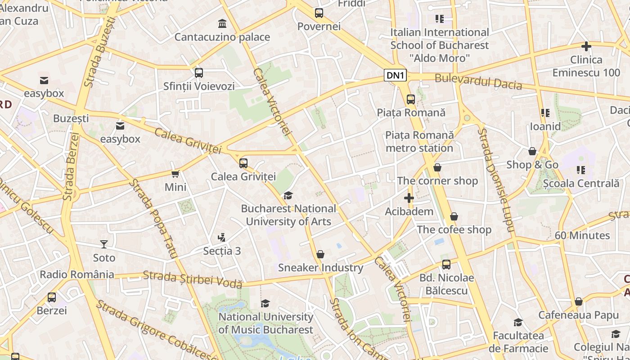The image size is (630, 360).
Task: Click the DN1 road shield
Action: click(x=396, y=76)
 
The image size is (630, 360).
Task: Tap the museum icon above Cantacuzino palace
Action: click(x=222, y=23)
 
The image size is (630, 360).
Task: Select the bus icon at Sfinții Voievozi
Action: click(x=199, y=72)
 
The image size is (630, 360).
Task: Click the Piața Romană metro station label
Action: click(x=419, y=142)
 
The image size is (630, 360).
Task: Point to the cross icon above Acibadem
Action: click(x=409, y=198)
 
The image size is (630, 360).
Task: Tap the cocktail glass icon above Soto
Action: click(x=104, y=244)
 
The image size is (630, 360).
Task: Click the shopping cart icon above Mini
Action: click(x=175, y=174)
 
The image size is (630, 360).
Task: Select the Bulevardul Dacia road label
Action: click(x=478, y=82)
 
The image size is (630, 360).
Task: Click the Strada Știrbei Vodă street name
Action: click(x=193, y=279)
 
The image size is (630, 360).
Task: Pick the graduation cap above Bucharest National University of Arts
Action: click(x=288, y=195)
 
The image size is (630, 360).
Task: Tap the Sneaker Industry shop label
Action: click(x=320, y=268)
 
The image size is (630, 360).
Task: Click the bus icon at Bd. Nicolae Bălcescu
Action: click(x=446, y=265)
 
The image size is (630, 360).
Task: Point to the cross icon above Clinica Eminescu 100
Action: click(x=586, y=46)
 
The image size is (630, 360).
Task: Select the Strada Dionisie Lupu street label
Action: click(x=495, y=180)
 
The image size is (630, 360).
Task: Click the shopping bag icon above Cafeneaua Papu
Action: click(x=579, y=301)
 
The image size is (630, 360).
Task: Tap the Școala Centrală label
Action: click(x=581, y=183)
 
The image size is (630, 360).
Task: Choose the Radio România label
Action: click(x=77, y=274)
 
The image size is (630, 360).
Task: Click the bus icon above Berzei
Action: click(x=52, y=297)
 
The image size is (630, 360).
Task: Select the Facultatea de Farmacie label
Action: click(x=518, y=342)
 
